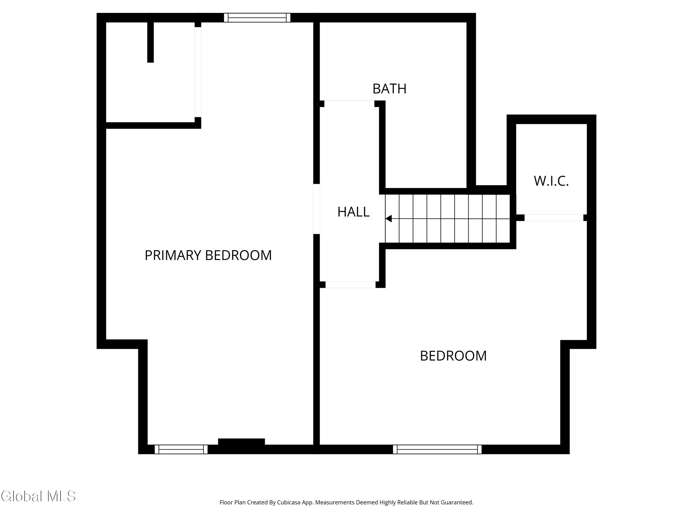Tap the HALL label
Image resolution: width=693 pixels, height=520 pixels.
tap(353, 212)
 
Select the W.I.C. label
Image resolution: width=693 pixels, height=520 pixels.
tap(551, 181)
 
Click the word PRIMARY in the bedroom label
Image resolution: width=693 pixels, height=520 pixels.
tap(173, 255)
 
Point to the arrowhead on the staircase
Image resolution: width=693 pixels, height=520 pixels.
tap(389, 218)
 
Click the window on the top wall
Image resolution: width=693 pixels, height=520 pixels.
tap(257, 18)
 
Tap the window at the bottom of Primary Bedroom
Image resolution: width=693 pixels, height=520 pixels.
tap(181, 449)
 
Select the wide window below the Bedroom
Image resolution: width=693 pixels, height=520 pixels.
tap(437, 449)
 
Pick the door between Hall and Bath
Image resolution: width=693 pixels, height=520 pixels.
tap(349, 101)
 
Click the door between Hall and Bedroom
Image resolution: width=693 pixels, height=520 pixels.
tap(350, 284)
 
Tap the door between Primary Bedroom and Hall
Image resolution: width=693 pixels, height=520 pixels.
tap(316, 209)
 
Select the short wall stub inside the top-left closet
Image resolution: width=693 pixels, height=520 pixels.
tap(150, 42)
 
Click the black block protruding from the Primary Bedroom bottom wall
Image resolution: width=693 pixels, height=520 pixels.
tap(241, 442)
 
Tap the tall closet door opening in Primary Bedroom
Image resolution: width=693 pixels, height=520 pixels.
tap(198, 72)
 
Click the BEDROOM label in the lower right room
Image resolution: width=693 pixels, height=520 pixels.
tap(453, 356)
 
